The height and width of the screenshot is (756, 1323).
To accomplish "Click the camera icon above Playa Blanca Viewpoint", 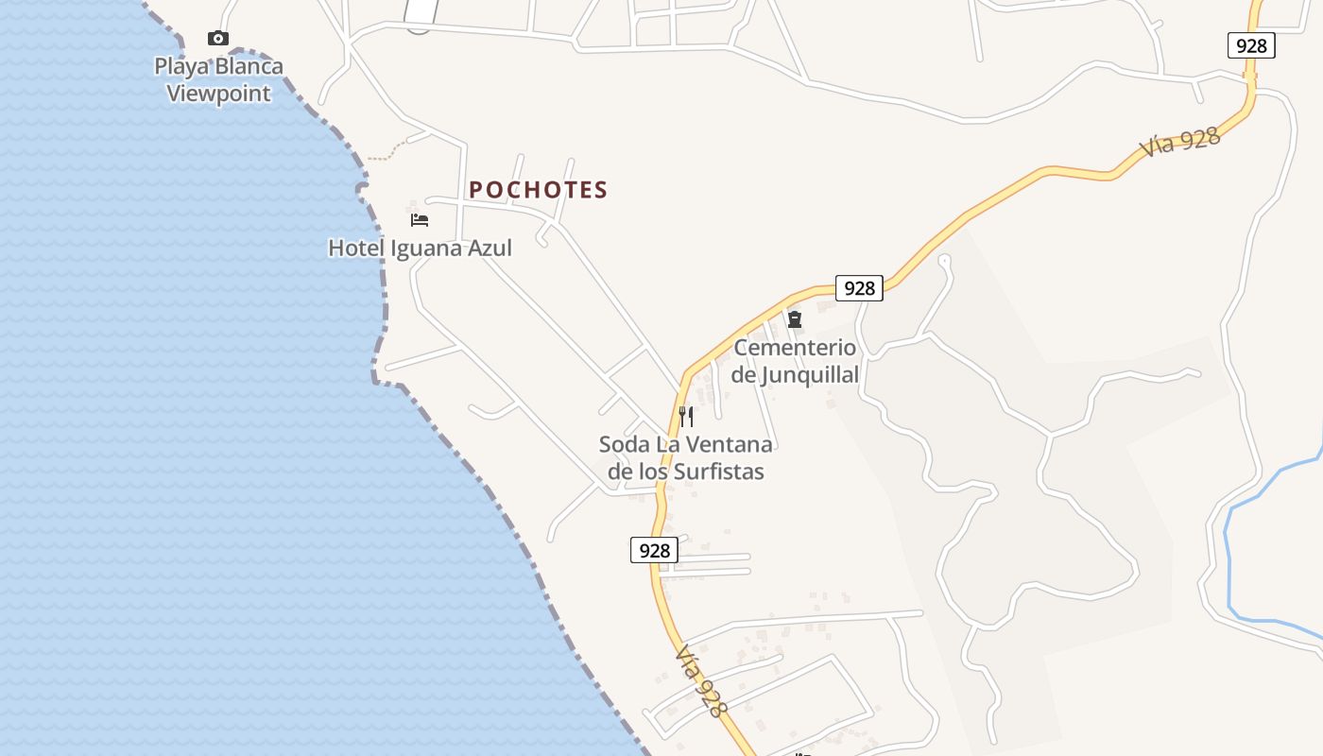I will pyautogui.click(x=218, y=39).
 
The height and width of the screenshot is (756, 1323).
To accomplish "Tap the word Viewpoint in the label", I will pyautogui.click(x=219, y=94).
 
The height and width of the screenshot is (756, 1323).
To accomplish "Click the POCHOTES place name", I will pyautogui.click(x=538, y=190).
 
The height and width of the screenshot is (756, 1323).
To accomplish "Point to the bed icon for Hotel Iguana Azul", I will pyautogui.click(x=420, y=220).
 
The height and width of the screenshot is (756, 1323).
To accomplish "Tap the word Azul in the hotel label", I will pyautogui.click(x=490, y=249).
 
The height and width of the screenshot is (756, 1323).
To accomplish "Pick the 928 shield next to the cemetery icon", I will pyautogui.click(x=859, y=288).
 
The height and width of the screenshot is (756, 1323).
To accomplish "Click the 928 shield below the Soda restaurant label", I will pyautogui.click(x=654, y=550).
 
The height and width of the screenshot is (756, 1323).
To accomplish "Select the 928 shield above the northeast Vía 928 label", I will pyautogui.click(x=1251, y=45).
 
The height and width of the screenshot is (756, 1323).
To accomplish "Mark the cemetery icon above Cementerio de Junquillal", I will pyautogui.click(x=795, y=319).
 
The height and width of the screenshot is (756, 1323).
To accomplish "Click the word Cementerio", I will pyautogui.click(x=795, y=348).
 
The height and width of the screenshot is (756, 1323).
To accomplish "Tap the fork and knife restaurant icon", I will pyautogui.click(x=686, y=416).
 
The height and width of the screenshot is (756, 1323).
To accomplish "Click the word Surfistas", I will pyautogui.click(x=719, y=472).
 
